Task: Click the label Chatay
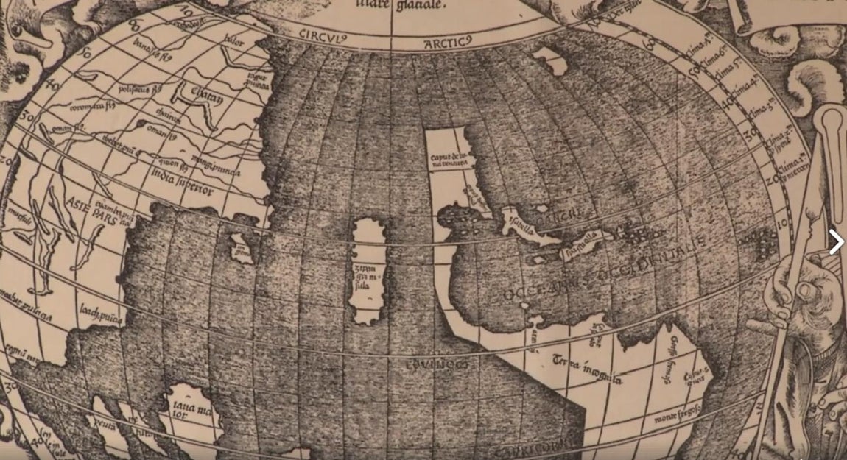(x=192, y=94)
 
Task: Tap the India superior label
(x=182, y=180)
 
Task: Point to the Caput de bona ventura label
(x=449, y=163)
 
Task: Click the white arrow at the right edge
(x=836, y=241)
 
